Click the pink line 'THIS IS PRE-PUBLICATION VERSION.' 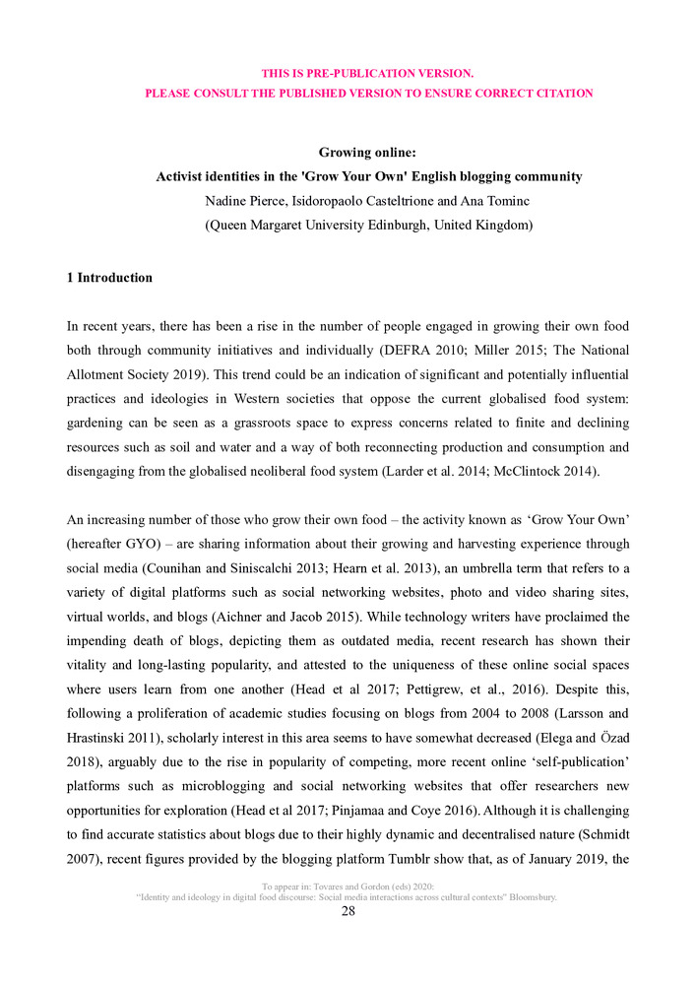pyautogui.click(x=367, y=73)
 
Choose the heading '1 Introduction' pyautogui.click(x=109, y=278)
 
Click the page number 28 pyautogui.click(x=348, y=911)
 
